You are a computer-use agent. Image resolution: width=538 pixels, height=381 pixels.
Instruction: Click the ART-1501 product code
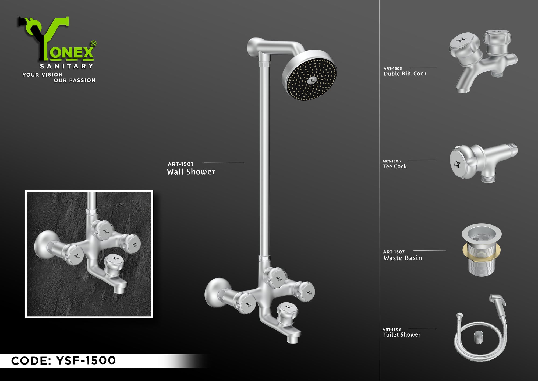tap(180, 164)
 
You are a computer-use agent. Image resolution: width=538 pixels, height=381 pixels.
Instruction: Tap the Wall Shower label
tap(191, 172)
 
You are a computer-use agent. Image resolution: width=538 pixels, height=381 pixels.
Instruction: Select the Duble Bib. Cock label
tap(405, 74)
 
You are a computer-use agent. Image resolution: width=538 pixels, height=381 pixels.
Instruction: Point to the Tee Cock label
tap(395, 167)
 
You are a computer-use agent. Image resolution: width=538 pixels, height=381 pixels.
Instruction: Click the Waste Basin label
tap(403, 258)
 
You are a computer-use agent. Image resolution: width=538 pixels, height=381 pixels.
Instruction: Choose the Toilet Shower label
tap(402, 335)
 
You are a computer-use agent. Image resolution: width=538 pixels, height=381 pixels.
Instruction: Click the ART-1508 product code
tap(391, 329)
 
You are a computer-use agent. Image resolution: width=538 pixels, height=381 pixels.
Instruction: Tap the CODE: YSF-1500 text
tap(63, 361)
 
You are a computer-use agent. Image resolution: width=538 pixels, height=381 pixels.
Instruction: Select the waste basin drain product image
tap(482, 250)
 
